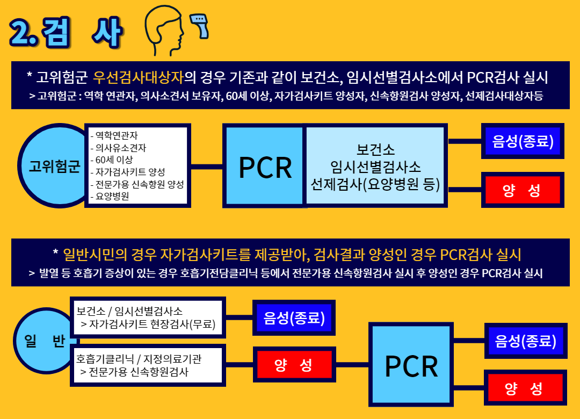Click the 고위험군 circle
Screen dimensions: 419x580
coord(54,166)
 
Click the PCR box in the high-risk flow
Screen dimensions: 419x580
coord(265,167)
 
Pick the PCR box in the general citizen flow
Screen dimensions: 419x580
coord(411,365)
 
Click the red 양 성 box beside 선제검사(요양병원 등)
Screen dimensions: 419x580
coord(522,190)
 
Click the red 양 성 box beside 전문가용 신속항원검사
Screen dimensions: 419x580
coord(294,365)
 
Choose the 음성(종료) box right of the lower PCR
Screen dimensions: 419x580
coord(525,341)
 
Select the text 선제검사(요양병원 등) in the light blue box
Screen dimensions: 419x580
coord(375,184)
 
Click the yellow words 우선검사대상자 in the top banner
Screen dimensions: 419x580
coord(138,77)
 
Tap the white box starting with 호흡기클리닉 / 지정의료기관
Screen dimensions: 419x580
coord(147,364)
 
